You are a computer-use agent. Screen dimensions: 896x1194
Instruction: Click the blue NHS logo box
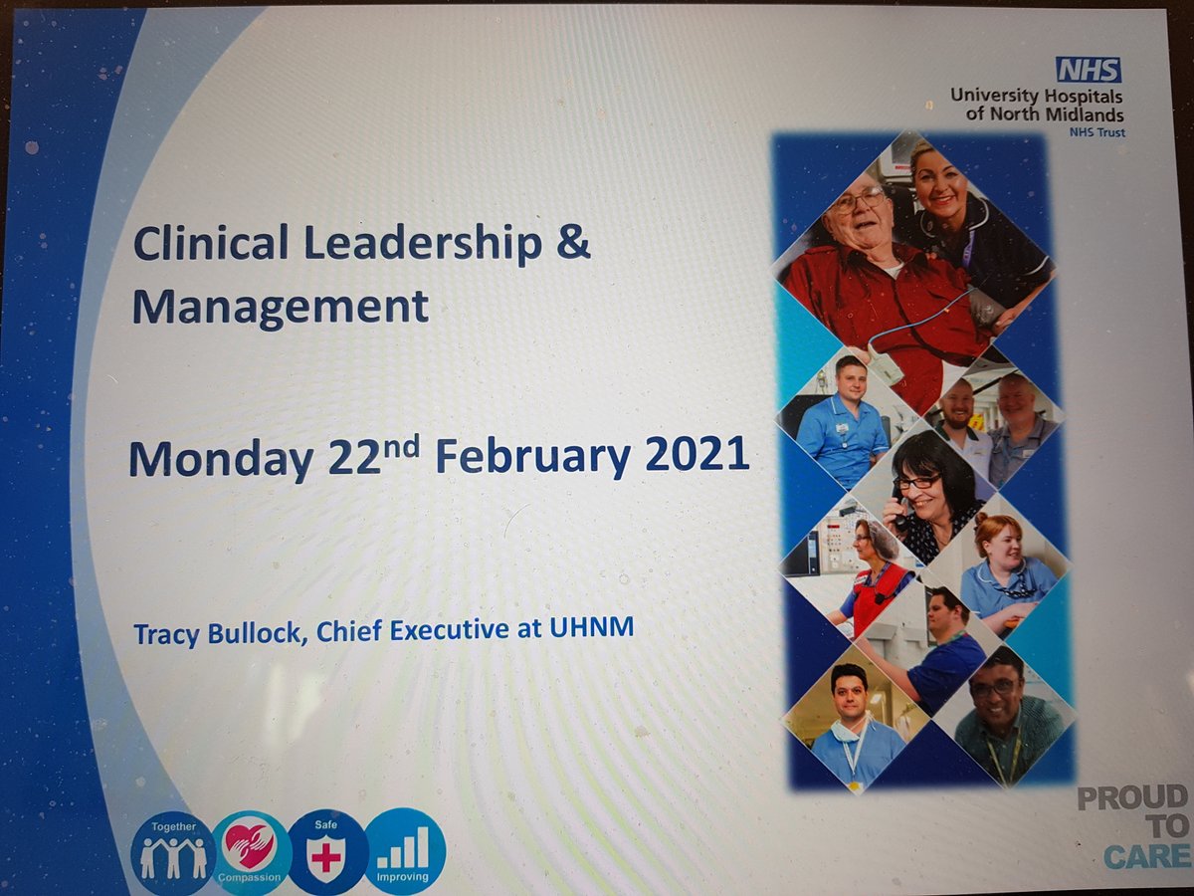coord(1088,70)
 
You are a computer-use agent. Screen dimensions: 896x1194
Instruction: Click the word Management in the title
coord(281,307)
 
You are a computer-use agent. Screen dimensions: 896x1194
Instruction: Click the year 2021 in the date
coord(696,455)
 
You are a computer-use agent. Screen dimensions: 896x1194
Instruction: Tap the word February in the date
coord(532,458)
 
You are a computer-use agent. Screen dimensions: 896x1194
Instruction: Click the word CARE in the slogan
coord(1145,856)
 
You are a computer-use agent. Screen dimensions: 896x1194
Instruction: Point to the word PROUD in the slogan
coord(1133,797)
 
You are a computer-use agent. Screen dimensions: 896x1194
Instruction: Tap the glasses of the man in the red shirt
coord(858,201)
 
